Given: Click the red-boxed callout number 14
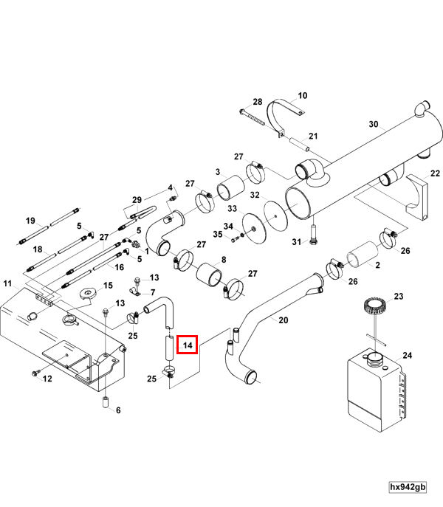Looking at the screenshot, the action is pos(188,345).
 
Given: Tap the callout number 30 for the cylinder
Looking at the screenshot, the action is pos(374,124).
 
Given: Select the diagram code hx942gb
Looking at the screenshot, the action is pos(408,487).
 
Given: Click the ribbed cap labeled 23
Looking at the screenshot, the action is pos(375,306).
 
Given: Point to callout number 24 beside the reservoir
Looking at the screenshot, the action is pos(408,356).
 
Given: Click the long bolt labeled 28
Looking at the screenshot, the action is pos(252,117).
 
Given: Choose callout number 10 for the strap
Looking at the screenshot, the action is pos(302,96).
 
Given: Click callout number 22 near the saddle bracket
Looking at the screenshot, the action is pos(435,173).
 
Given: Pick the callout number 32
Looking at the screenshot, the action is pos(255,195).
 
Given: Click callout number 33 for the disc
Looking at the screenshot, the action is pos(233,209).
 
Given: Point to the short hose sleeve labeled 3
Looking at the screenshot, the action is pos(230,188).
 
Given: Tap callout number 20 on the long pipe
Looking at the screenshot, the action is pos(283,320).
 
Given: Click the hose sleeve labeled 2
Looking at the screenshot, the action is pos(363,255).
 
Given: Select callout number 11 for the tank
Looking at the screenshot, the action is pos(7,284).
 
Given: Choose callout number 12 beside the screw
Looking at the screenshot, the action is pos(47,379).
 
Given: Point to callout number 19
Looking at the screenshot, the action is pos(30,221).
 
